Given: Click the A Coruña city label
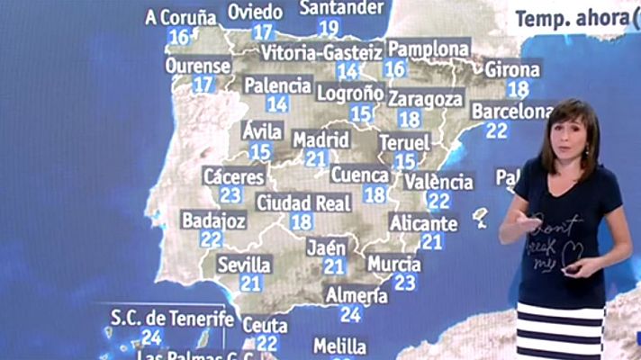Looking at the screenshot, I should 181,17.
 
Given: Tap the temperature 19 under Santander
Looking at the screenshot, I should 329,28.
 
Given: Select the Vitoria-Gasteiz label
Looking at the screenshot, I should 321,53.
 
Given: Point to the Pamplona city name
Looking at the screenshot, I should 428,49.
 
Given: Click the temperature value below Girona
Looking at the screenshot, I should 517,88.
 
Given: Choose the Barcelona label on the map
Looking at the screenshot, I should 511,112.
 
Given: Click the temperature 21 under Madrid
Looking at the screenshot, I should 315,159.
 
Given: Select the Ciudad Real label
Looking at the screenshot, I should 303,202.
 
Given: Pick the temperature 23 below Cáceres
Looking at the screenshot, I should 230,194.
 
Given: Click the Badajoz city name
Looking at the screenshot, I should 213,220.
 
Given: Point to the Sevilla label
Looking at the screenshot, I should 244,265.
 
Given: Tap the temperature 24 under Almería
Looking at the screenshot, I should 351,314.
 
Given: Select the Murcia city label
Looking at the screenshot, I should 394,265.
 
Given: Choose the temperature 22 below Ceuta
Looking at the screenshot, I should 266,343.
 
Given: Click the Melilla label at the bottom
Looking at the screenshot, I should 340,346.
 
